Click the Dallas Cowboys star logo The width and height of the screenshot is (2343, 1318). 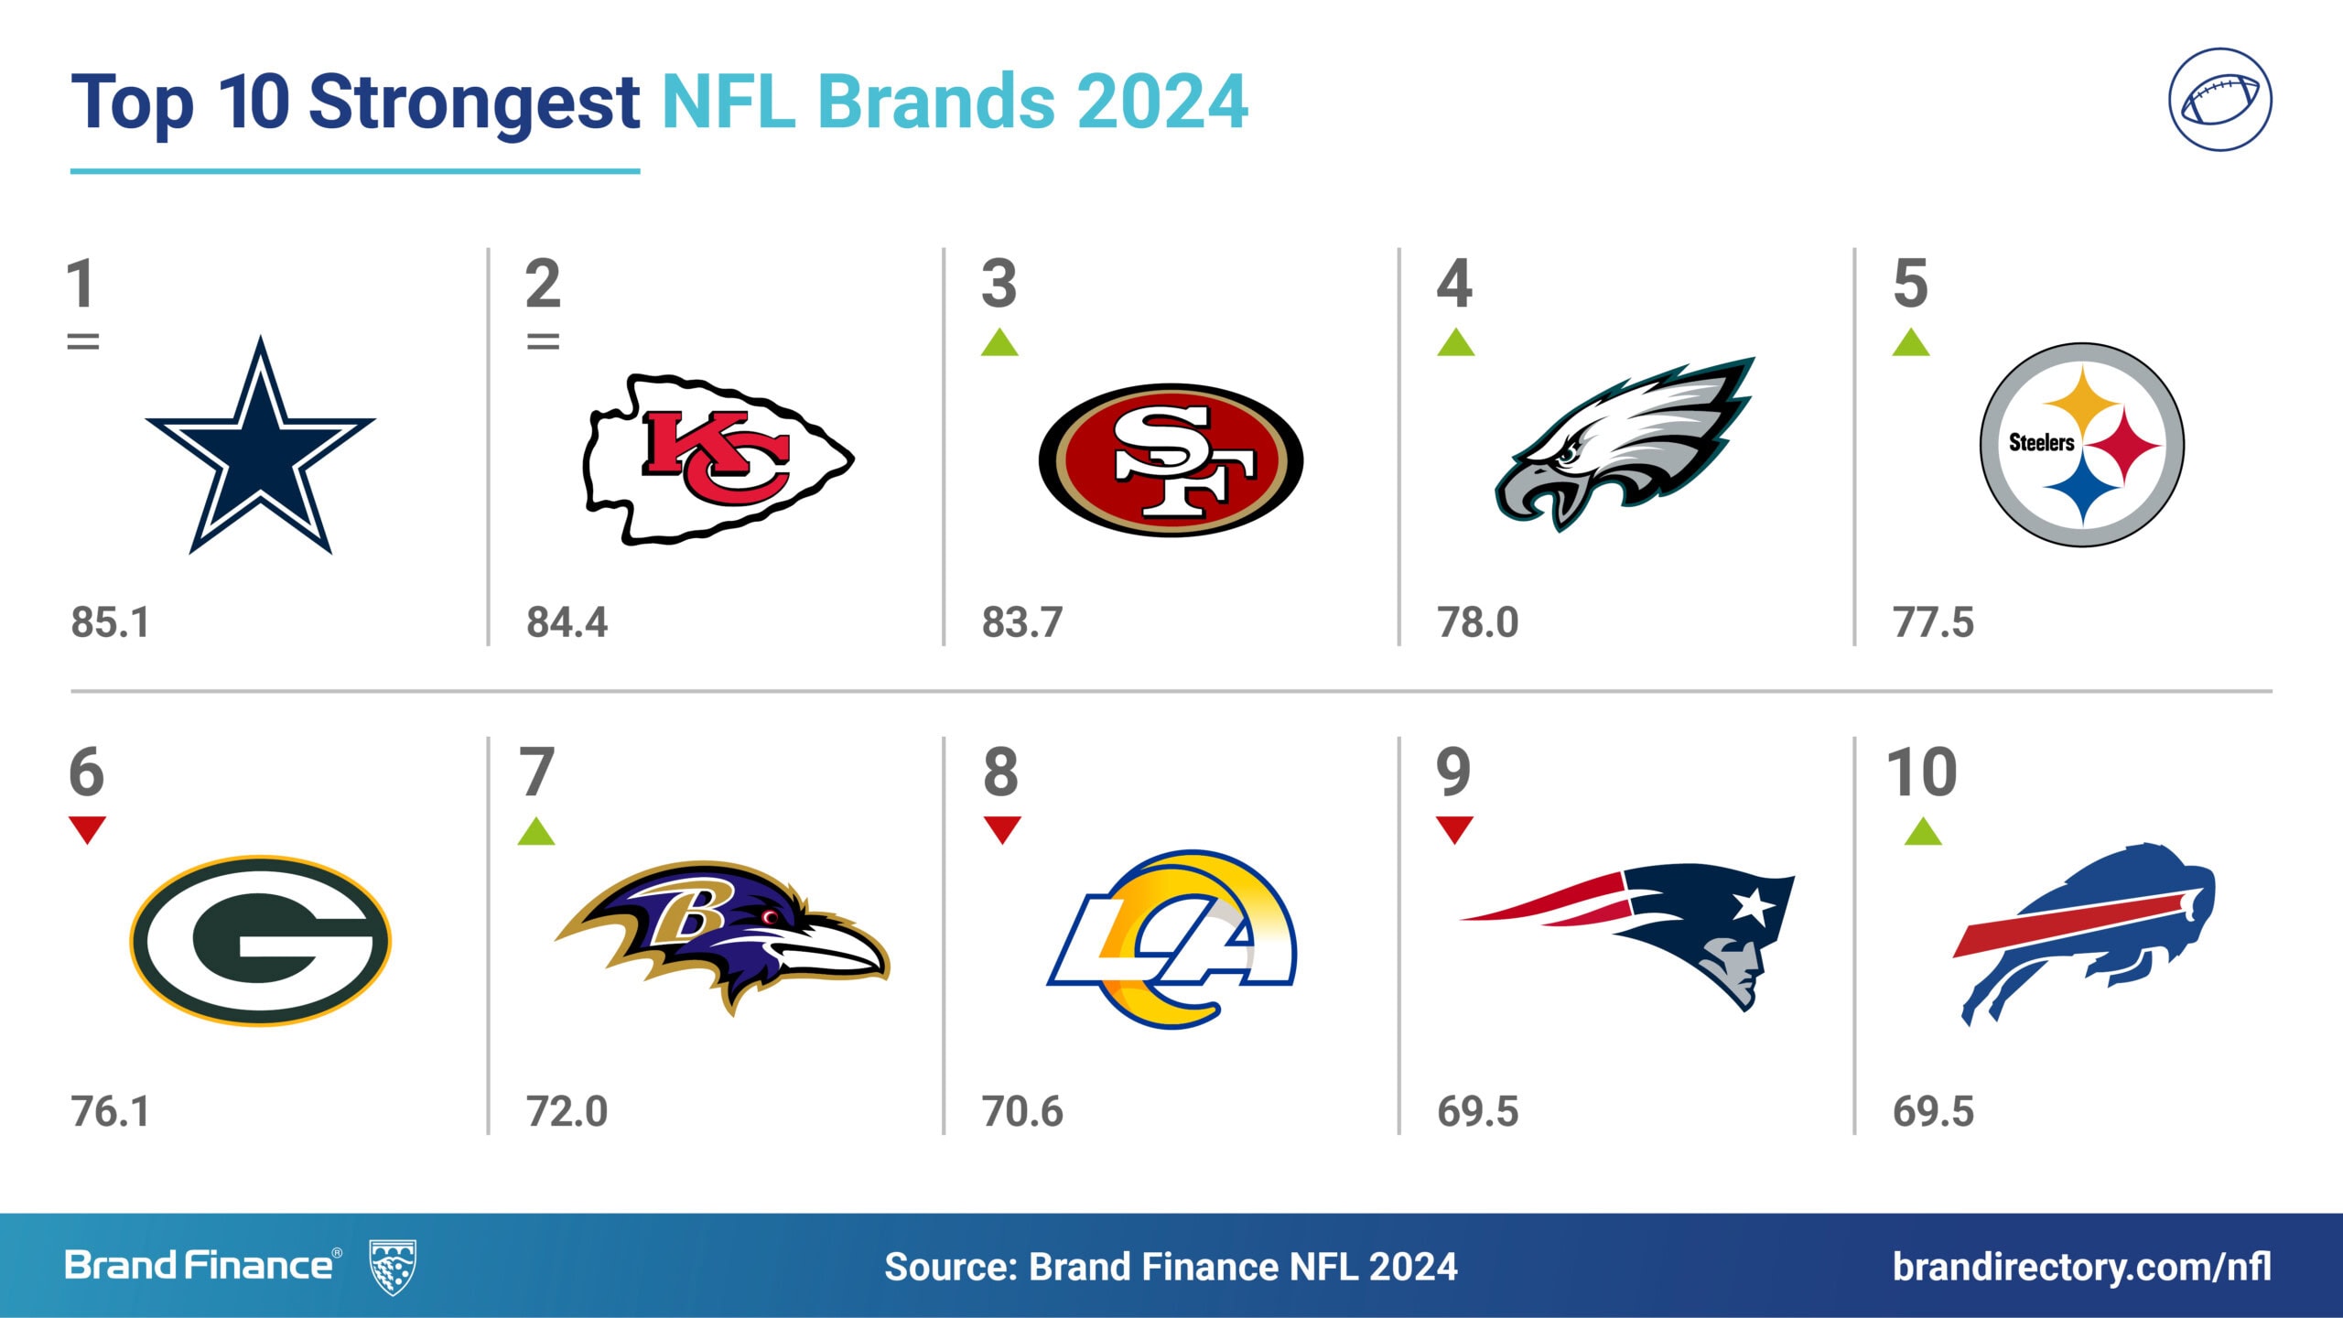tap(261, 448)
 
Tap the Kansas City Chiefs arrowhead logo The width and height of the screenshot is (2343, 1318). tap(718, 459)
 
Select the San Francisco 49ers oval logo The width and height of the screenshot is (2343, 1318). tap(1171, 460)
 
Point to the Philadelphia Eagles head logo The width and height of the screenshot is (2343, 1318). tap(1625, 444)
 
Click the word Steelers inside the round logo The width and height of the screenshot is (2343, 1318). tap(2041, 443)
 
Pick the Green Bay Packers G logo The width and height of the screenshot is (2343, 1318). tap(261, 940)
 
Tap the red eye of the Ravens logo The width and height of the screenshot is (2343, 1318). tap(770, 916)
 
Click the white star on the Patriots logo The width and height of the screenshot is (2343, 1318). tap(1754, 905)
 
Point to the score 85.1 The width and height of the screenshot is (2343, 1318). tap(110, 622)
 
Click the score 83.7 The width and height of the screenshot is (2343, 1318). tap(1022, 622)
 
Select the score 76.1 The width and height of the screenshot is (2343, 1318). tap(110, 1111)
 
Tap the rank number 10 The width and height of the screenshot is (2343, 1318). tap(1922, 772)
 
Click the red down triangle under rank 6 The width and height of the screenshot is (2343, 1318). tap(88, 828)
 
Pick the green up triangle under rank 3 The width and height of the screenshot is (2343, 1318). tap(999, 342)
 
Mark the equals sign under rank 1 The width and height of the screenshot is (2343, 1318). tap(83, 341)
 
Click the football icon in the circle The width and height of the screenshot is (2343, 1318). tap(2219, 100)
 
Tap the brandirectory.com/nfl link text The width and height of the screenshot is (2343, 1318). tap(2082, 1268)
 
